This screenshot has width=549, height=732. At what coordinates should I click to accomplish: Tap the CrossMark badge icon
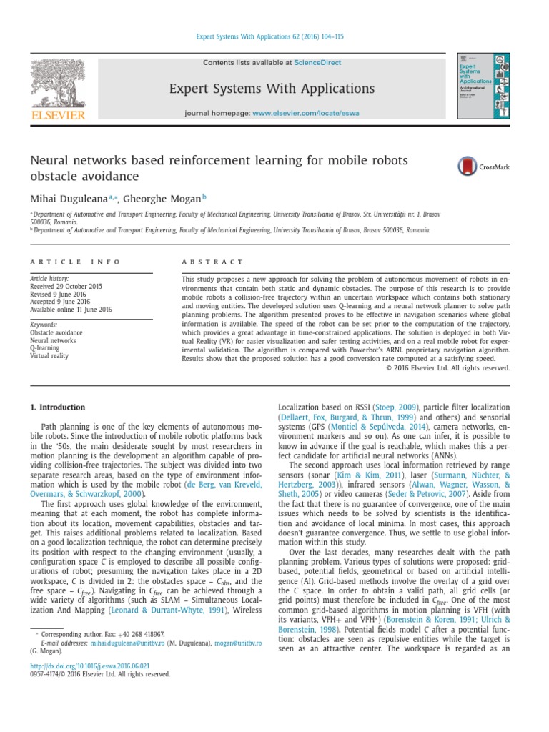[x=468, y=167]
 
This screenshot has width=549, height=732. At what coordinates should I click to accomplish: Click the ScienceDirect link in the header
[x=317, y=63]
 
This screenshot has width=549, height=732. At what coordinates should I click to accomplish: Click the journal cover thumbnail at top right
[x=484, y=86]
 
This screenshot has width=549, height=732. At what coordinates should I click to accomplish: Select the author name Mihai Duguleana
[x=68, y=198]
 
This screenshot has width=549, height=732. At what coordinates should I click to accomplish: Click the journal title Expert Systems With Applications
[x=271, y=89]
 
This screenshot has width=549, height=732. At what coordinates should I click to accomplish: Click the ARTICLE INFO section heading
[x=75, y=262]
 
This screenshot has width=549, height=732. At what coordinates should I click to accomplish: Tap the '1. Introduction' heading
[x=57, y=407]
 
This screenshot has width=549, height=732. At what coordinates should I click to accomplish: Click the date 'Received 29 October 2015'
[x=66, y=286]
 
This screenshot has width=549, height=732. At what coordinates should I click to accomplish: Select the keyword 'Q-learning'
[x=45, y=347]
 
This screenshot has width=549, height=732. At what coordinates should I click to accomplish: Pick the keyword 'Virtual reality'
[x=49, y=355]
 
